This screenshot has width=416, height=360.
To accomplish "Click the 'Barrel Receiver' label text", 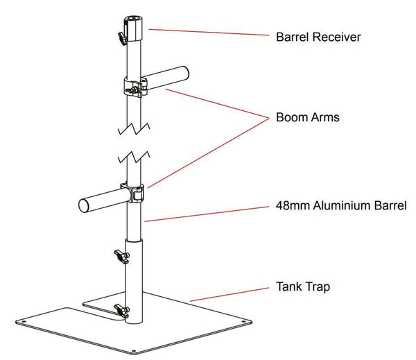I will coord(318,36).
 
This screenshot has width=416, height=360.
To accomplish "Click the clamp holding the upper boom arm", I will coord(137,89).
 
